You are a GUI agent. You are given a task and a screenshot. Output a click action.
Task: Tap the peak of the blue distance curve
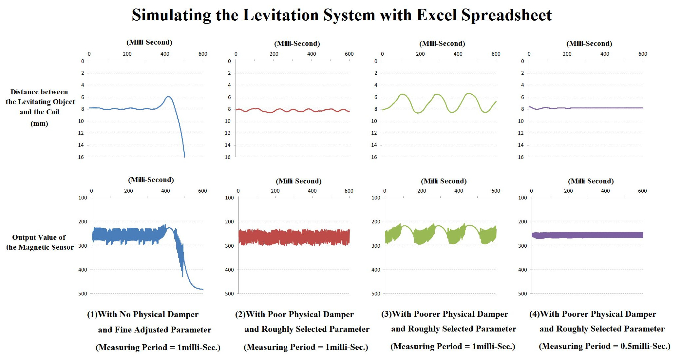click(168, 97)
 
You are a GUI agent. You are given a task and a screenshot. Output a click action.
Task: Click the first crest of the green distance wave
click(403, 94)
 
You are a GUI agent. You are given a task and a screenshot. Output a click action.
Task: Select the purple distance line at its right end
click(642, 108)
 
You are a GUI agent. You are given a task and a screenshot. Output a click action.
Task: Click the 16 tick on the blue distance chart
click(81, 157)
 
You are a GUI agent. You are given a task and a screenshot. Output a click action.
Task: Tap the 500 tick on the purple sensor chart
click(522, 294)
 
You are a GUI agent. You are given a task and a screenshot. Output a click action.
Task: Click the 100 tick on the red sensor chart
click(229, 198)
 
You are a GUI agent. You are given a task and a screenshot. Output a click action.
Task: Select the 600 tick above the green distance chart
click(496, 54)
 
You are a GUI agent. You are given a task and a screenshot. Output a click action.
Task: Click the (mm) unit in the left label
click(39, 124)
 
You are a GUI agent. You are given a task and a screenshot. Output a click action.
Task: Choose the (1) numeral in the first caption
click(92, 314)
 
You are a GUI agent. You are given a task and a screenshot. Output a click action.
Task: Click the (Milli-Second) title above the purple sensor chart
click(591, 181)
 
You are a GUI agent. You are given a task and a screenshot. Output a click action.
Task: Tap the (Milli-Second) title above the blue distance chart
click(149, 42)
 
